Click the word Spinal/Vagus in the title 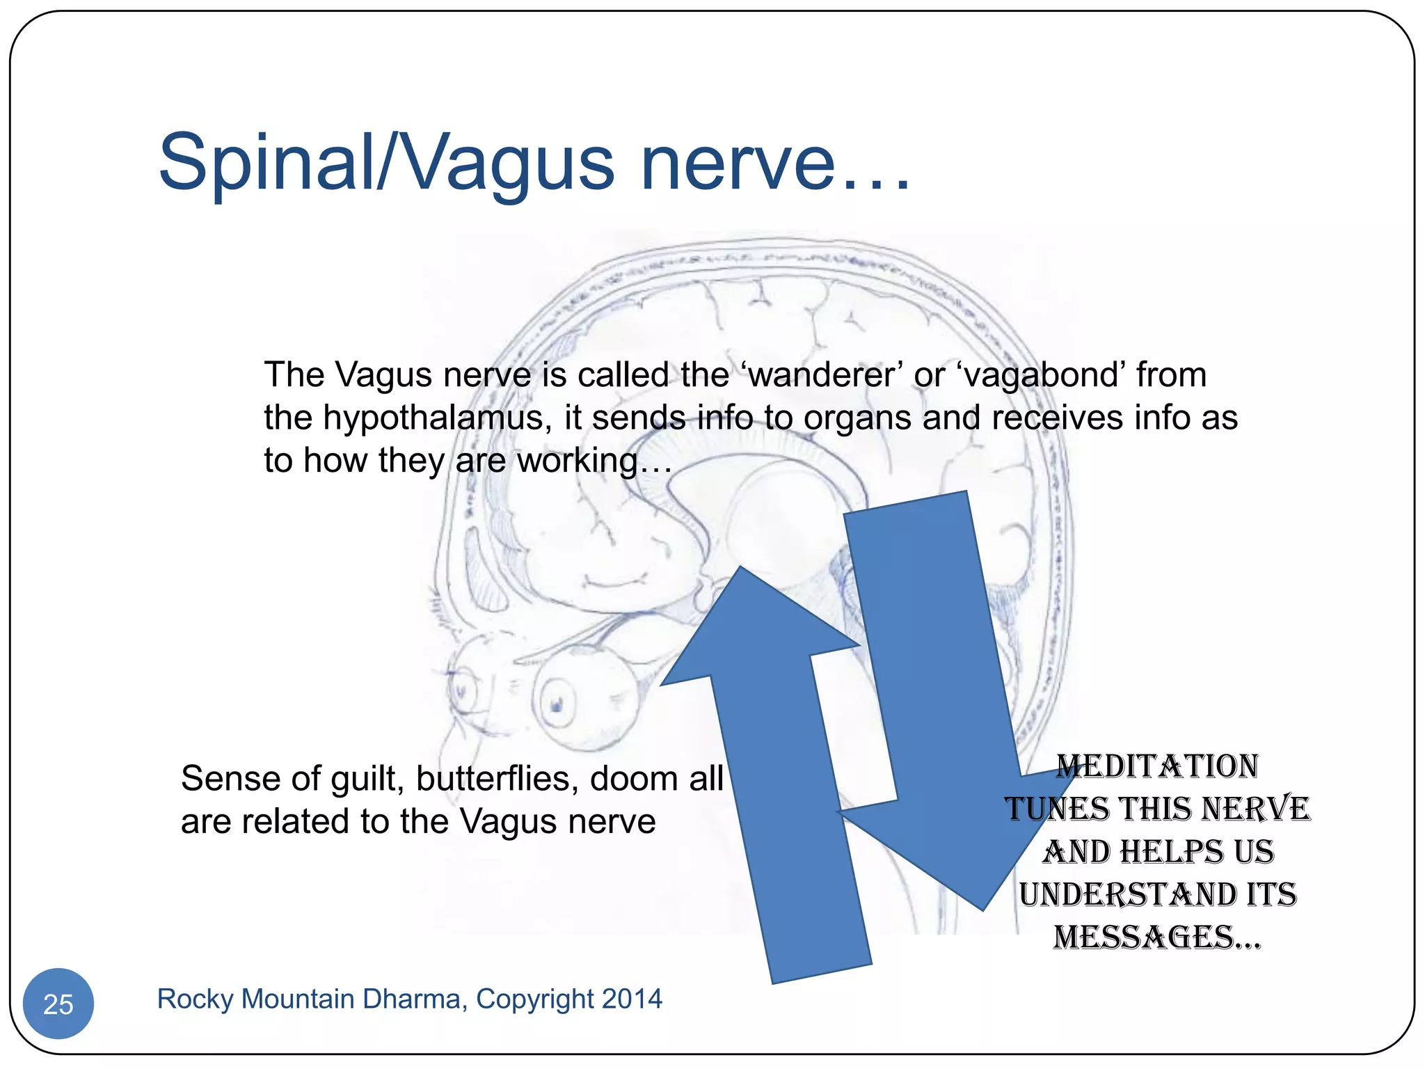[x=386, y=164]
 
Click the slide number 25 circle [x=58, y=1004]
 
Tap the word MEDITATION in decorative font [x=1157, y=767]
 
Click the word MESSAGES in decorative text [x=1145, y=937]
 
